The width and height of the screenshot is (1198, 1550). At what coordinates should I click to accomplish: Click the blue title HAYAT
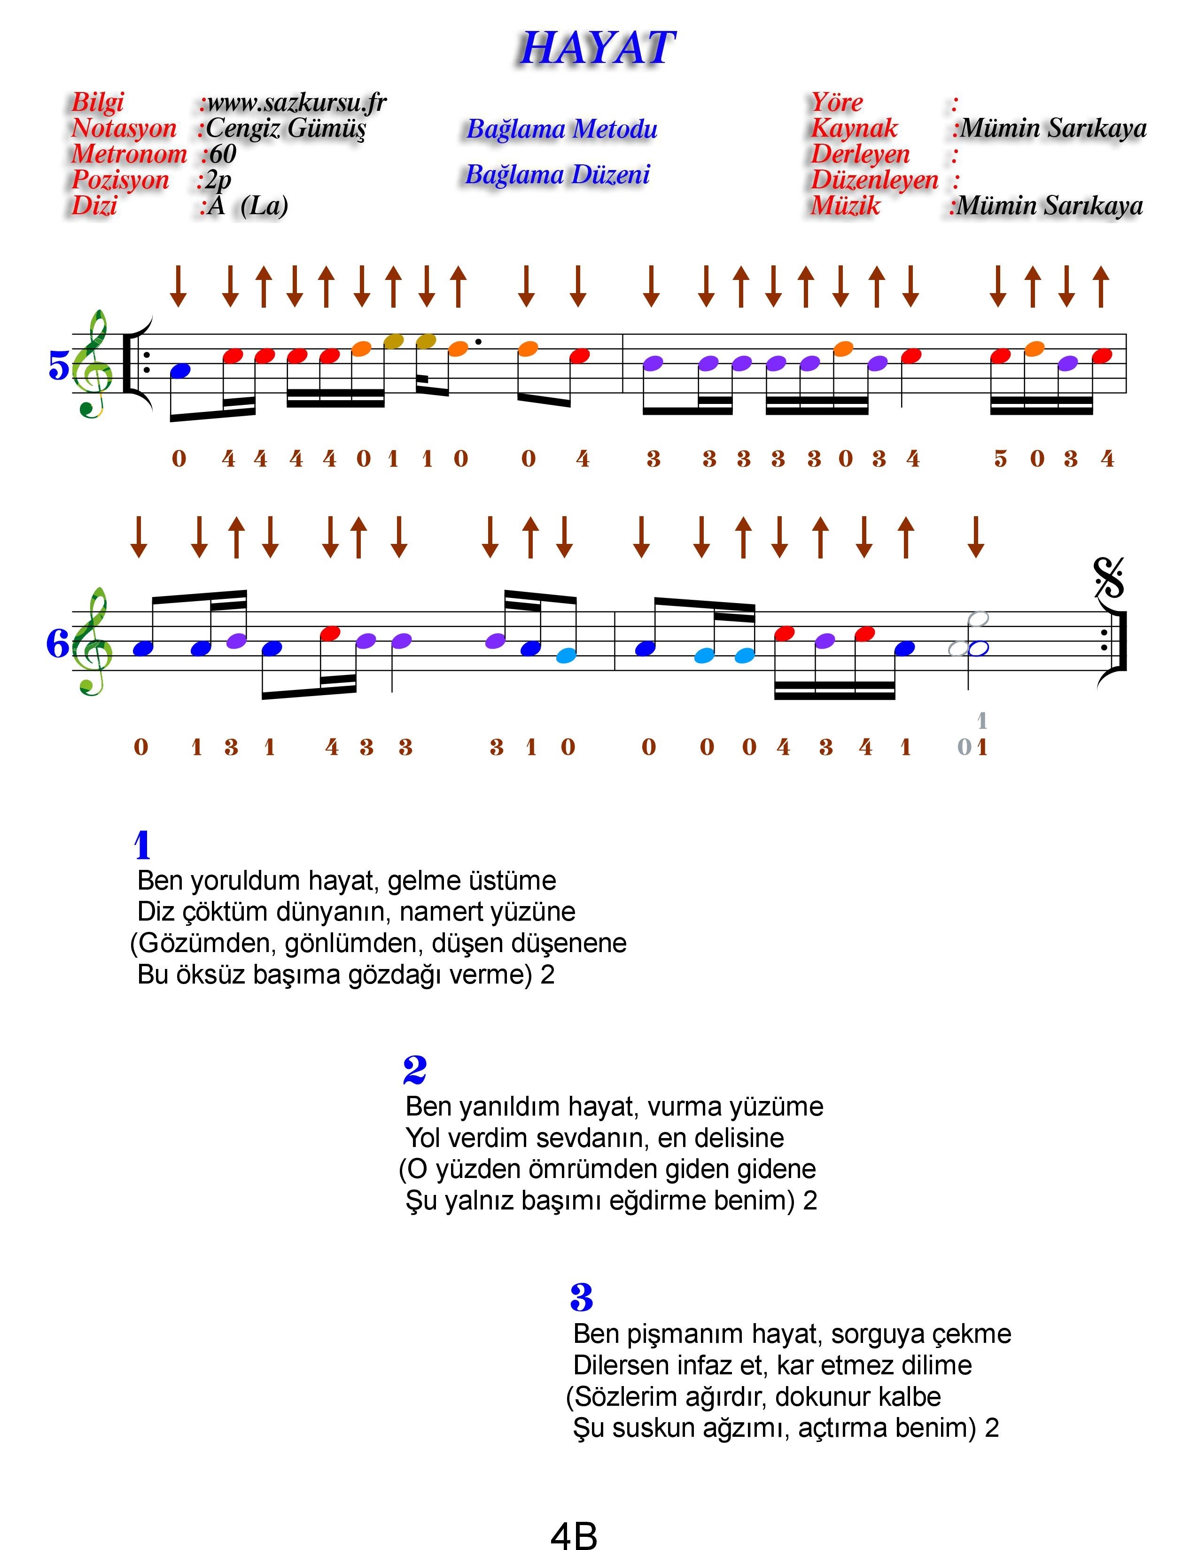point(598,48)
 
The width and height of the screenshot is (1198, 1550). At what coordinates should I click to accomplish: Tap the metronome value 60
point(222,154)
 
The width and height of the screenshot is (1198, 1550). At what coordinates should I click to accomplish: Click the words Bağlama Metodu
point(562,129)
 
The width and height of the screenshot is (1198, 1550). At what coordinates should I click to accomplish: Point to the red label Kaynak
point(854,128)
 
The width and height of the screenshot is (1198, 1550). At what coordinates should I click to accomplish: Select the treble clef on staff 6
point(93,641)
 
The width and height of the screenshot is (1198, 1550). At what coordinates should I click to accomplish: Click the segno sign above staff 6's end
point(1109,578)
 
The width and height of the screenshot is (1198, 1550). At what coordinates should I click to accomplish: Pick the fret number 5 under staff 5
point(1001,459)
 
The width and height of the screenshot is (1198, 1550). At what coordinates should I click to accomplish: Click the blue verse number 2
point(414,1070)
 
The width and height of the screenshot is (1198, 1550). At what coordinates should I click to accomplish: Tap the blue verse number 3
point(581,1297)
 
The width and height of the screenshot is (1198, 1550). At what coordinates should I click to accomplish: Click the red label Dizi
point(94,206)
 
